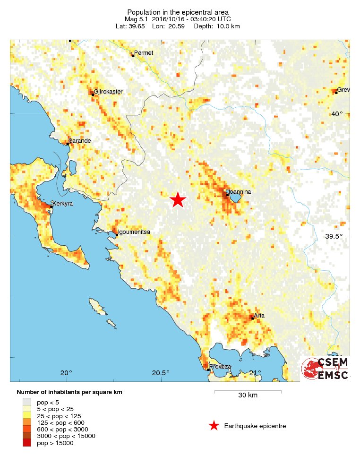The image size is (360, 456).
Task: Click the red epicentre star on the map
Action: (x=178, y=199)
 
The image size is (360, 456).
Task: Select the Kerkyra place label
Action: (x=63, y=204)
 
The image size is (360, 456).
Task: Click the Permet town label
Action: (x=144, y=53)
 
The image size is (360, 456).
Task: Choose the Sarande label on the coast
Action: (x=79, y=141)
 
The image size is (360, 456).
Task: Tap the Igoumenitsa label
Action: (x=134, y=232)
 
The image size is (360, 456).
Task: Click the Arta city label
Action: (x=259, y=315)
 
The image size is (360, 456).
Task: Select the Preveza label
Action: (x=221, y=367)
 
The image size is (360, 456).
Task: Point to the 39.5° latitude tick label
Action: (x=339, y=236)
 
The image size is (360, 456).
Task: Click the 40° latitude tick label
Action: (x=337, y=114)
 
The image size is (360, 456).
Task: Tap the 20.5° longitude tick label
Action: (x=161, y=373)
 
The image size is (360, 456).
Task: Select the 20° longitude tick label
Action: (x=66, y=373)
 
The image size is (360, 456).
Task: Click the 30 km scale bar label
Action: (x=248, y=396)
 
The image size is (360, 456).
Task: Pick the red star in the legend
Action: (x=214, y=426)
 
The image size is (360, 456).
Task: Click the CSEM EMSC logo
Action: (x=326, y=369)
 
